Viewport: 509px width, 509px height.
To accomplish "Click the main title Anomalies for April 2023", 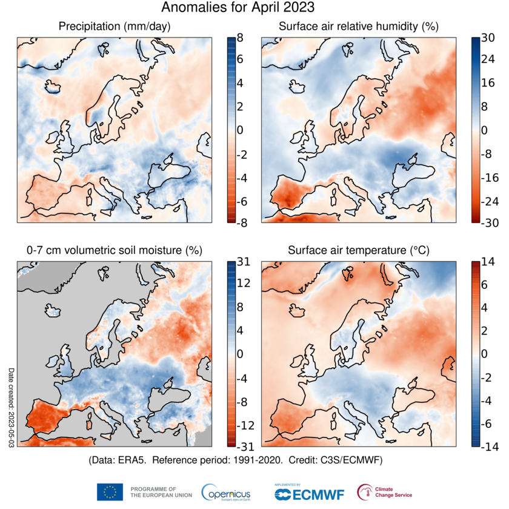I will [x=238, y=8].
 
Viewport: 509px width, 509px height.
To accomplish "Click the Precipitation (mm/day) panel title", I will [x=115, y=27].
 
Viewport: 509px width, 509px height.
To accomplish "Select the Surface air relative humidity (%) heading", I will [x=358, y=27].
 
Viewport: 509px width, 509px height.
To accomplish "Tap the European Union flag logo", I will [x=110, y=492].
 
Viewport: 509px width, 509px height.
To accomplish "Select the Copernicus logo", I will [x=225, y=493].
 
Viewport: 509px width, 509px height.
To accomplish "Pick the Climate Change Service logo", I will [x=383, y=492].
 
